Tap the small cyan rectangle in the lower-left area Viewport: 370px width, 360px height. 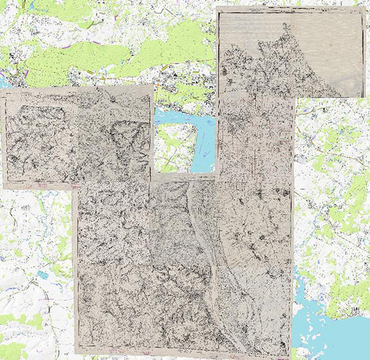(42, 274)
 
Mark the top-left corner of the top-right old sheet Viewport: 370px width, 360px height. (217, 9)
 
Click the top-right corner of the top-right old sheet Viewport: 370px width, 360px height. (362, 9)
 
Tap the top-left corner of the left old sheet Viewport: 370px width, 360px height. (2, 91)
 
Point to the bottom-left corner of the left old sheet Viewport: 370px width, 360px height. (3, 187)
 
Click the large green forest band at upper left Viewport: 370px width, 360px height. (82, 58)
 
